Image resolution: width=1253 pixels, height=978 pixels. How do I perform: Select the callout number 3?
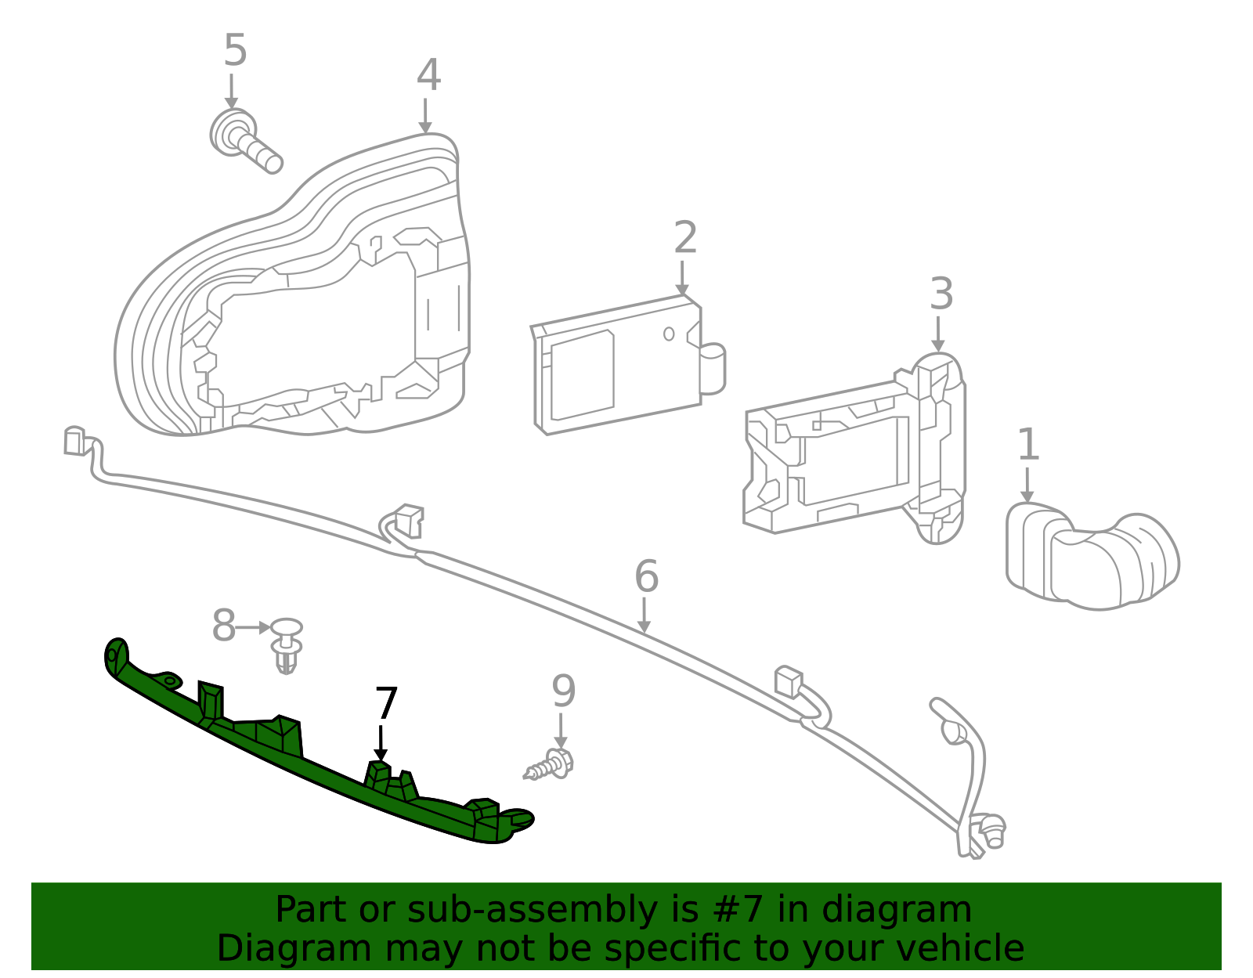[941, 294]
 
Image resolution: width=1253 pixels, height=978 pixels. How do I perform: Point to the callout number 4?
[428, 76]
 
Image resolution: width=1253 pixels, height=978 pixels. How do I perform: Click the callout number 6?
[646, 576]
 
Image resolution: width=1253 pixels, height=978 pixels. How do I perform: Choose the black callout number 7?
[386, 703]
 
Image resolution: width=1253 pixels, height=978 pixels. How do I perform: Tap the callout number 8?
[224, 626]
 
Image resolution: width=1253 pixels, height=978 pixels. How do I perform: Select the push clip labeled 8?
[287, 644]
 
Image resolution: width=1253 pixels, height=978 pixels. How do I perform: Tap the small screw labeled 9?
[551, 764]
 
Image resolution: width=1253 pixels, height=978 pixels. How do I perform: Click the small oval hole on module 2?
[669, 334]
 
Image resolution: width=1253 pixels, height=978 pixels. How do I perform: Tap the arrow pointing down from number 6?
[644, 615]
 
